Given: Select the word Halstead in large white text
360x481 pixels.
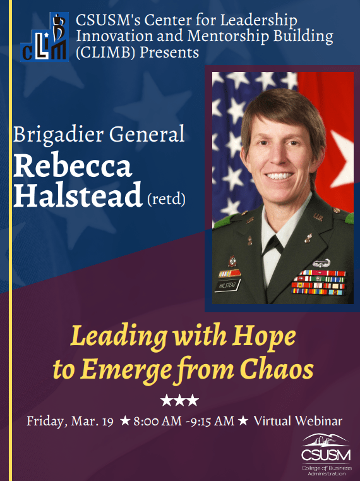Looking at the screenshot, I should coord(78,196).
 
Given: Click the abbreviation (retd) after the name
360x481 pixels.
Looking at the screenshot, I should coord(169,200).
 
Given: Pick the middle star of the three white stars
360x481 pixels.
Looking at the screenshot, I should coord(180,400).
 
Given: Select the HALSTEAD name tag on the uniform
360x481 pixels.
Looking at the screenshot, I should coord(230,285).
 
